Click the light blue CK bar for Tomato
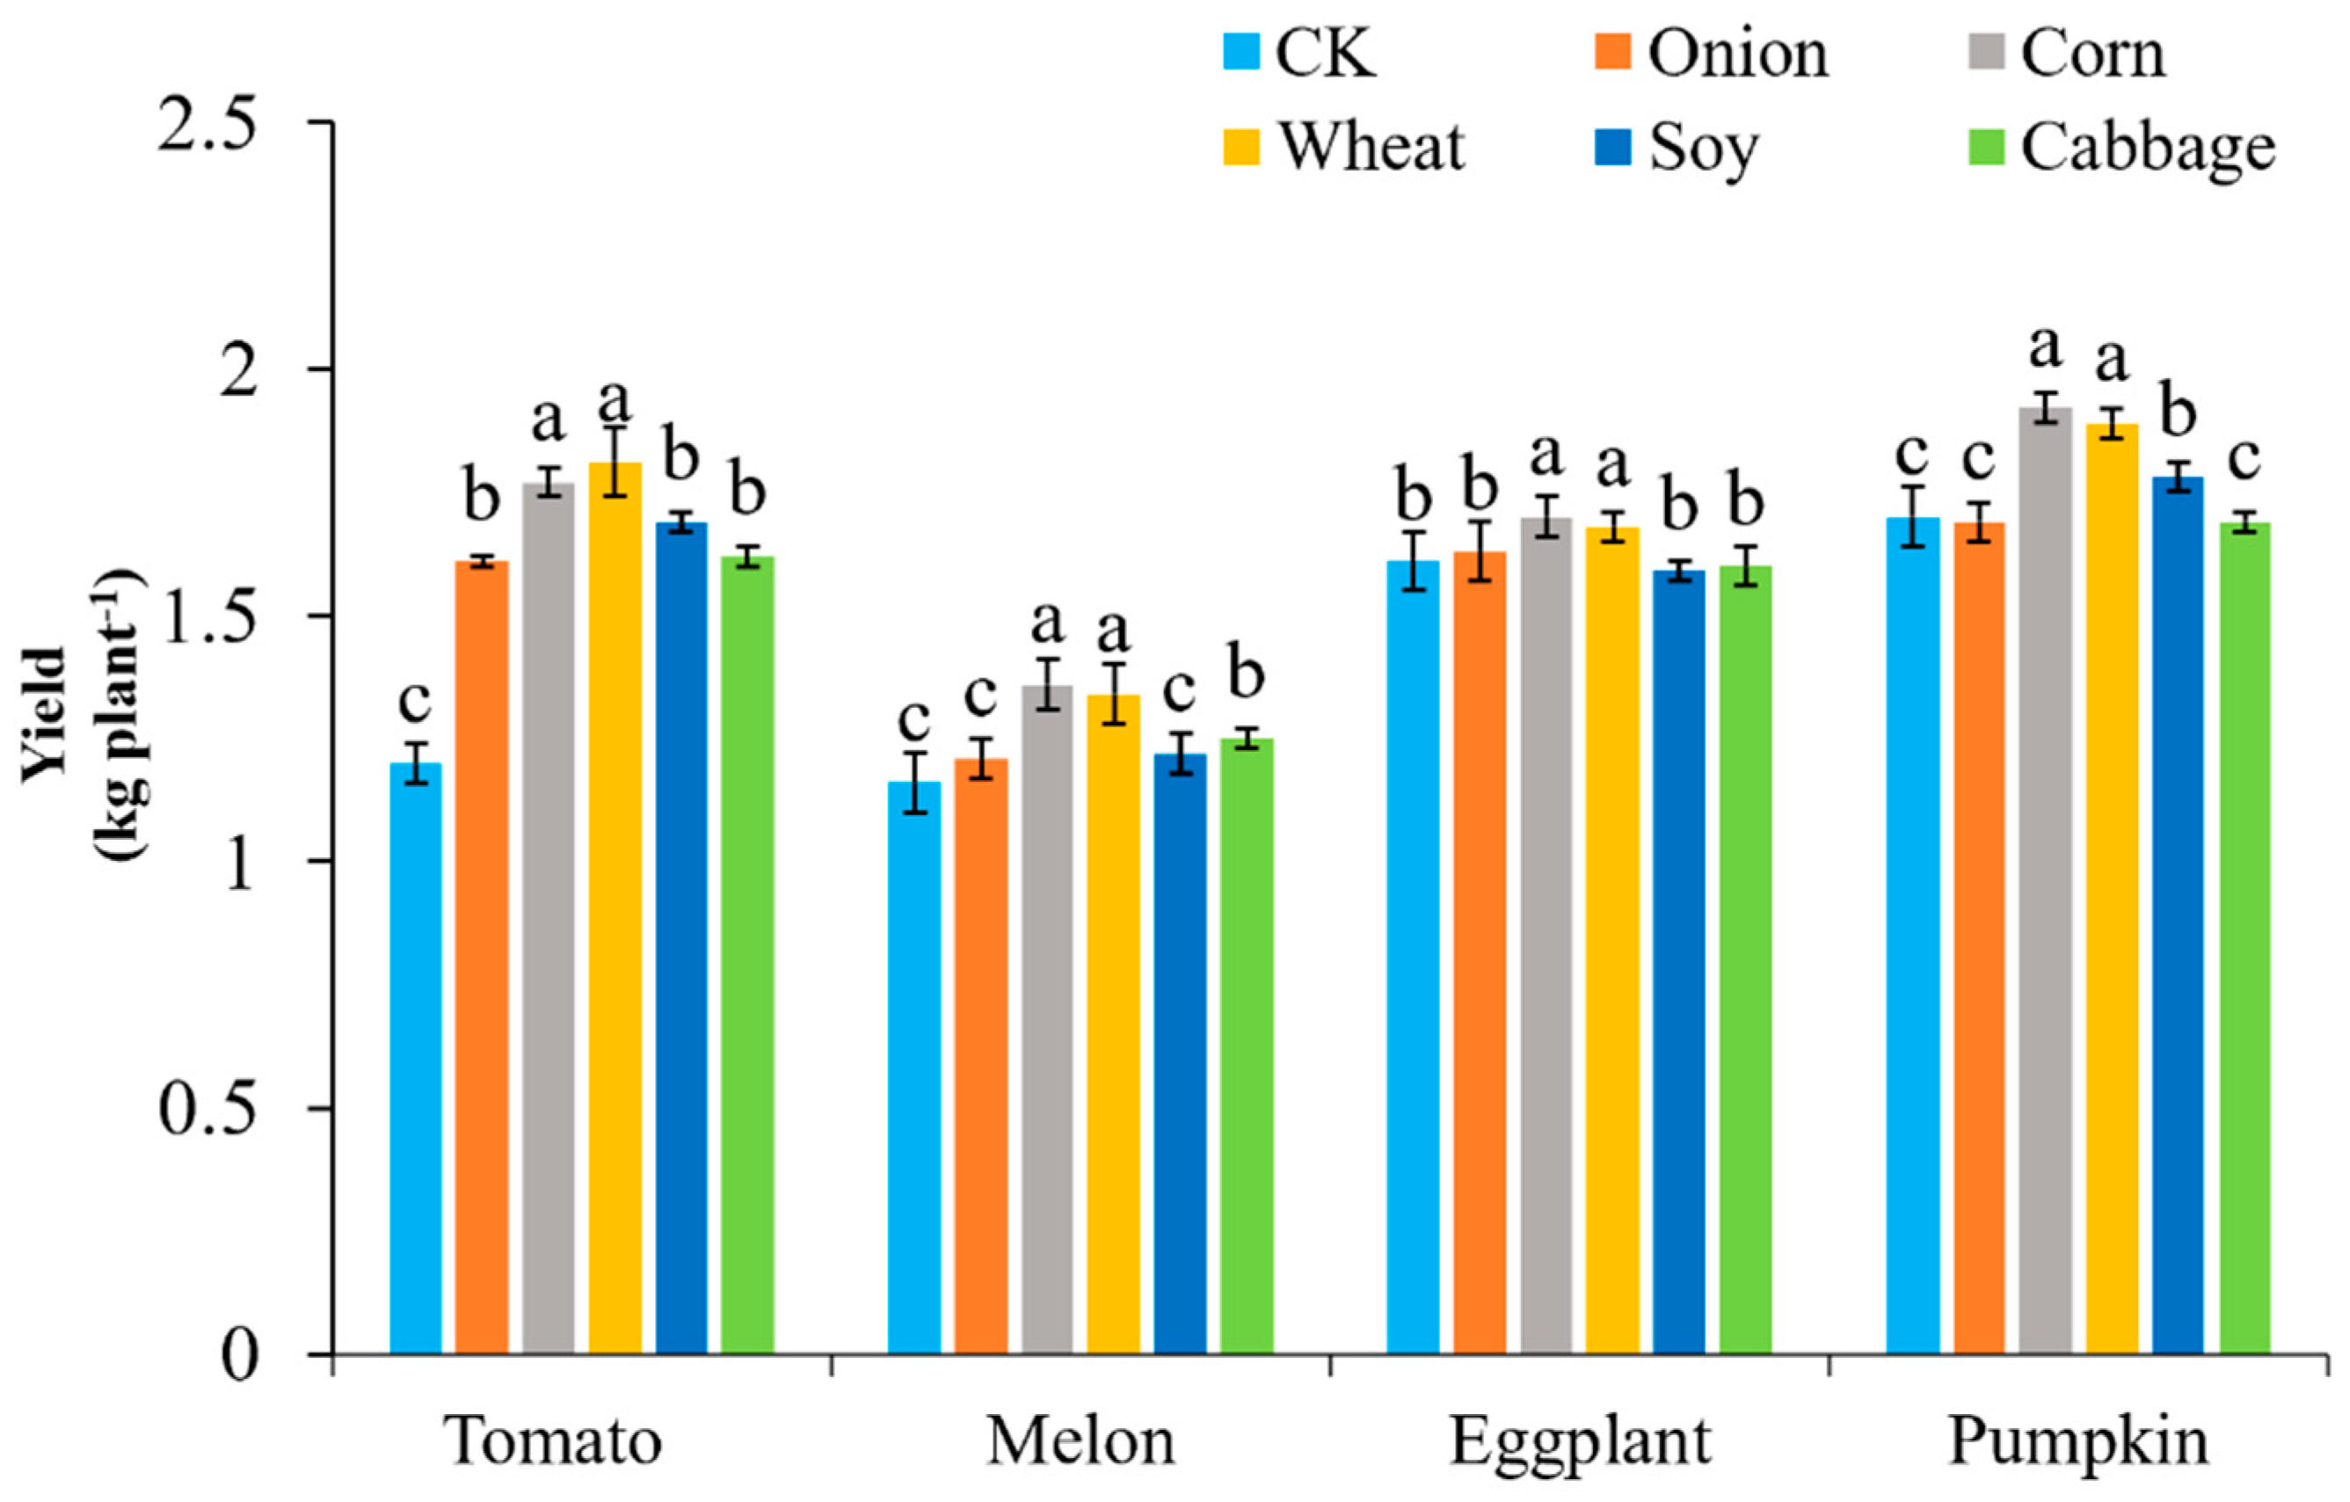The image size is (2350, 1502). click(x=415, y=1059)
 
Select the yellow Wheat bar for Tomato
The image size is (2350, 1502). click(x=615, y=908)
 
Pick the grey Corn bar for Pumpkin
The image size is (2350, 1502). click(x=2045, y=879)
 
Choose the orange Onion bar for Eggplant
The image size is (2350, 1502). click(x=1480, y=952)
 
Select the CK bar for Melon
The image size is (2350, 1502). click(x=914, y=1068)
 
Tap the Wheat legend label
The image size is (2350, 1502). click(x=1371, y=148)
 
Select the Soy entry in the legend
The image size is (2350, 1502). click(x=1703, y=148)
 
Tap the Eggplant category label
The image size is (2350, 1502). click(x=1579, y=1441)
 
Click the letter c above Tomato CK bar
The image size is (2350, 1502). click(x=415, y=700)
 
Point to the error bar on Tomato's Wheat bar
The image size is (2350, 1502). click(x=615, y=462)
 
